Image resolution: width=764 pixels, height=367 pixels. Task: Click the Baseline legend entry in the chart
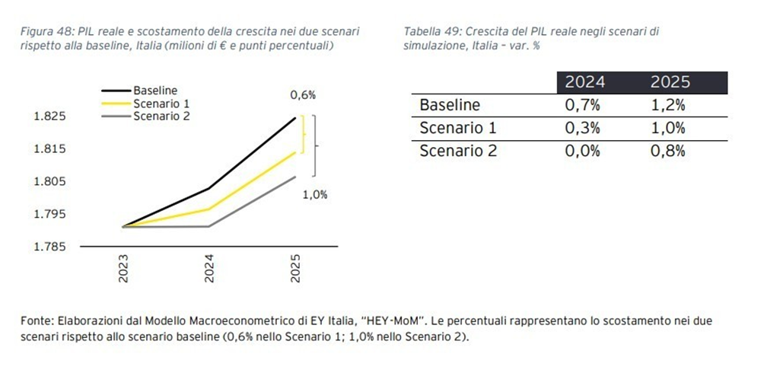tap(154, 90)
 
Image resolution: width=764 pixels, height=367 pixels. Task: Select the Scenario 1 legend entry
tap(159, 103)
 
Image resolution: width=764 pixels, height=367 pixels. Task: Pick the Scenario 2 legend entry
tap(159, 116)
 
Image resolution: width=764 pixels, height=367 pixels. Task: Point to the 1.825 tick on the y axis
tap(50, 116)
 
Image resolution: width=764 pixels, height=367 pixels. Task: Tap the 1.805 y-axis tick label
tap(50, 181)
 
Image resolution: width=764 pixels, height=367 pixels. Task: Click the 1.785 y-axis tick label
tap(50, 247)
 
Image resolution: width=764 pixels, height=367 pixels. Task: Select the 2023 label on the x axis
tap(123, 268)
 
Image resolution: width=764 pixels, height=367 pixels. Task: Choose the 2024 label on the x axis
tap(209, 268)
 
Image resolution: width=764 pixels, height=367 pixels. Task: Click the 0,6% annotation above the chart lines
tap(303, 95)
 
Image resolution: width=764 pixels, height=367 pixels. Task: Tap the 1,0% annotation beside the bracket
tap(315, 194)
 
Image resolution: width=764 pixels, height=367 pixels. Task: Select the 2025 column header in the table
tap(669, 82)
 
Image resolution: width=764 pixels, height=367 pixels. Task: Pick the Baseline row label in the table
tap(450, 105)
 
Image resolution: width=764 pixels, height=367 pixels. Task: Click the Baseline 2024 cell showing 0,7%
tap(583, 105)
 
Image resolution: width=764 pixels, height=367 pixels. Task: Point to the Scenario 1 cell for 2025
tap(669, 128)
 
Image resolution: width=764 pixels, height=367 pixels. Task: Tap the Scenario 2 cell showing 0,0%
tap(583, 151)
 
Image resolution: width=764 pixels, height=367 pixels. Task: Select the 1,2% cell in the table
tap(669, 105)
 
